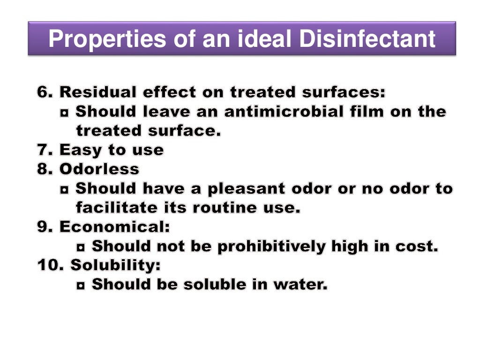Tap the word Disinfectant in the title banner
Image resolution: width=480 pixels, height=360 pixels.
(368, 39)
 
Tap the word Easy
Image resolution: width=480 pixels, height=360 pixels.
(79, 150)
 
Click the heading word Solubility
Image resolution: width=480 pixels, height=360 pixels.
(115, 265)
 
